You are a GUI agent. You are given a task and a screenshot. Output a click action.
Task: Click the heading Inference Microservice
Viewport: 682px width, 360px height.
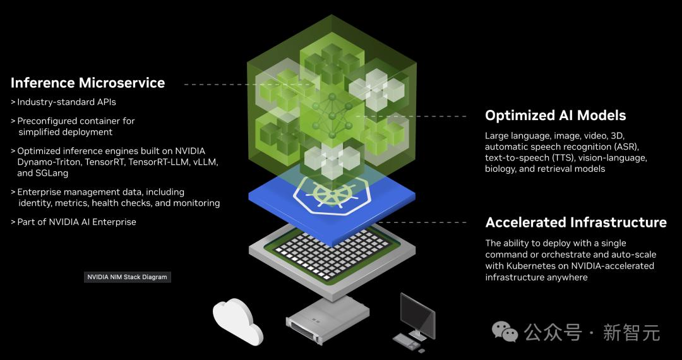(88, 83)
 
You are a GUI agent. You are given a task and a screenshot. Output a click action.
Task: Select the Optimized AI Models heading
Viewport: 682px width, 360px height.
(556, 115)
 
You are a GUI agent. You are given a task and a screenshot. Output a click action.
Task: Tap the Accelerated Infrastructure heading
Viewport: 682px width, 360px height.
(576, 222)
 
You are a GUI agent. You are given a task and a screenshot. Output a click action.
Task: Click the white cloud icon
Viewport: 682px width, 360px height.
(237, 320)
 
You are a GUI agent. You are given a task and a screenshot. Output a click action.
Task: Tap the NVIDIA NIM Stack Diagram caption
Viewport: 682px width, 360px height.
(127, 277)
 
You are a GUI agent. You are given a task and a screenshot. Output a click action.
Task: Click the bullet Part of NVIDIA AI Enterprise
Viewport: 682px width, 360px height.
(73, 222)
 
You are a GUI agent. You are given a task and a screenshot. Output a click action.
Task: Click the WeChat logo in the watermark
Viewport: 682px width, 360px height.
(505, 332)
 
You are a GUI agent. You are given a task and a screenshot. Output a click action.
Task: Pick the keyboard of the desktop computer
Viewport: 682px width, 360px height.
(407, 341)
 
